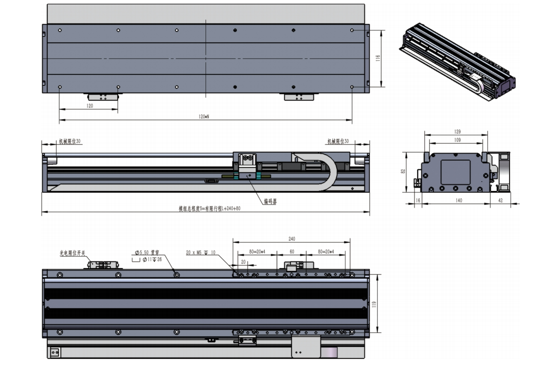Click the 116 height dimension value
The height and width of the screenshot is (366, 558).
tap(378, 58)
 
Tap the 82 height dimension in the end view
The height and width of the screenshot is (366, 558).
tap(403, 171)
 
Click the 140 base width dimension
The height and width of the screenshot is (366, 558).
tap(458, 200)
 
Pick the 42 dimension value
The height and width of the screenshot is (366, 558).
tap(500, 200)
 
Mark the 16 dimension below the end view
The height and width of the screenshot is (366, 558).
tap(418, 200)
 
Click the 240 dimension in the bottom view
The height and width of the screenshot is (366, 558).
tap(292, 239)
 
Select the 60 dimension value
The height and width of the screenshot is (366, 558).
tap(292, 251)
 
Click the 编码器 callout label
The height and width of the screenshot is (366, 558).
tap(270, 202)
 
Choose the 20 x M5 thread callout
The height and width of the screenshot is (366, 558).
tap(201, 252)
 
